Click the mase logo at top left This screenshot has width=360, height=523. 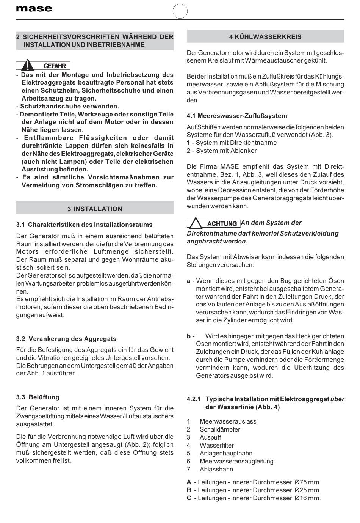(34, 9)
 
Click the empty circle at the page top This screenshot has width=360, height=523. (180, 11)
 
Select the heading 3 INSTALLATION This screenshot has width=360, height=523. (95, 209)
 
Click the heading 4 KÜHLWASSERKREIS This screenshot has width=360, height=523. (265, 37)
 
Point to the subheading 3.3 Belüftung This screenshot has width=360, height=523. (38, 397)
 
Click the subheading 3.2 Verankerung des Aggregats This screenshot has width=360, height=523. (66, 339)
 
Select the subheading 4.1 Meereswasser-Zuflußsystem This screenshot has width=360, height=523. (237, 116)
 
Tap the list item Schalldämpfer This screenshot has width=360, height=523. (220, 429)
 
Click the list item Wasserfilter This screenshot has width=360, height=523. (217, 445)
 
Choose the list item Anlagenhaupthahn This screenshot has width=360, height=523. (226, 453)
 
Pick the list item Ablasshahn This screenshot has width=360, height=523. (216, 469)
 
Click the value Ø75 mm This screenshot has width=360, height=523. (307, 482)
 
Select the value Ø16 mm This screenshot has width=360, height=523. (307, 498)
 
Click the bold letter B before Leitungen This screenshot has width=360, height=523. (189, 490)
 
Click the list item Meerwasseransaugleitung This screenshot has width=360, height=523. (236, 461)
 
